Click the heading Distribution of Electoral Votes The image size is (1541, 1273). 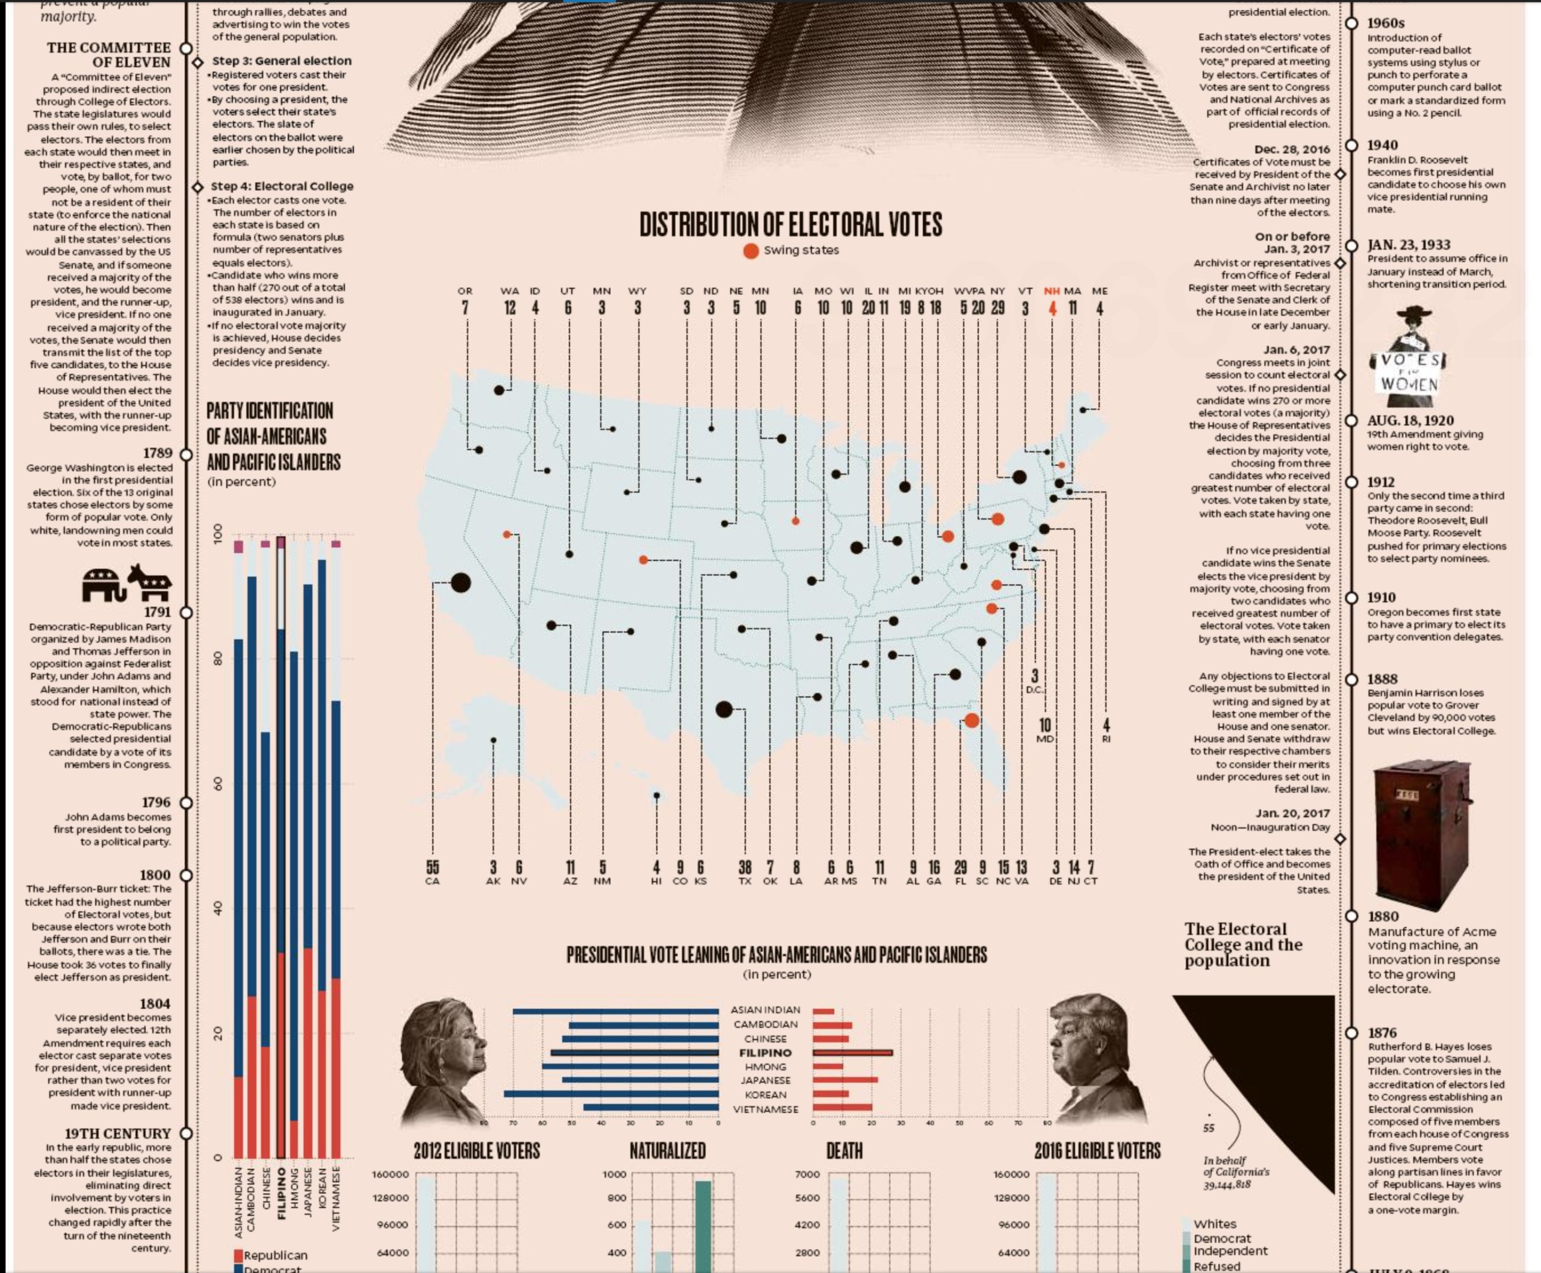tap(790, 225)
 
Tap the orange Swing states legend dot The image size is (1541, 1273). tap(750, 251)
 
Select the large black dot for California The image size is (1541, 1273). tap(460, 583)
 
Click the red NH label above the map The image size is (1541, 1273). tap(1052, 291)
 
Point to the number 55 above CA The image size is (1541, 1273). tap(432, 867)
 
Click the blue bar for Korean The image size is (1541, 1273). tap(610, 1094)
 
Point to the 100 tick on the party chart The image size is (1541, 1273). tap(218, 533)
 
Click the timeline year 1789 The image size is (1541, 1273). tap(158, 453)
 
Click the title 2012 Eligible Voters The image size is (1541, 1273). tap(477, 1151)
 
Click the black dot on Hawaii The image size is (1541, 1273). tap(657, 796)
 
